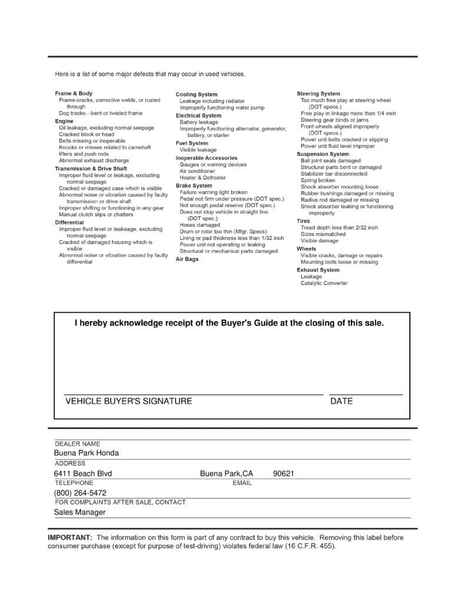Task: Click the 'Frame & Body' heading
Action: click(x=74, y=94)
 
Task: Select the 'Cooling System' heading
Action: click(x=196, y=94)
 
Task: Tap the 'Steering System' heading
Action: click(x=318, y=94)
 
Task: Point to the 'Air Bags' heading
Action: click(x=187, y=259)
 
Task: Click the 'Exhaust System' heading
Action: click(x=318, y=270)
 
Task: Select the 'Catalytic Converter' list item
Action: click(x=324, y=283)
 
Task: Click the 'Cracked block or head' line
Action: click(x=87, y=134)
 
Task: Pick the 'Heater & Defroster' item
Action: click(x=203, y=178)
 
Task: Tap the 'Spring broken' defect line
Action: click(x=318, y=181)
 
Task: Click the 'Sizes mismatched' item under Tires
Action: click(x=323, y=234)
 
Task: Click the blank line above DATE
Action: click(x=366, y=394)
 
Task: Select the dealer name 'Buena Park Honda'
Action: click(x=86, y=453)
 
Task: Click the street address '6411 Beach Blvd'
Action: click(x=82, y=474)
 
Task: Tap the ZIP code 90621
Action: click(x=283, y=474)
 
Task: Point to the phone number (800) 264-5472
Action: click(x=80, y=493)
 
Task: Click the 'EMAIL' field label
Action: click(x=242, y=483)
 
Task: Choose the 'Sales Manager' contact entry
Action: click(x=79, y=513)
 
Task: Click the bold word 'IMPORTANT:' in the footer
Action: click(x=69, y=538)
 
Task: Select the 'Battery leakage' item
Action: click(x=198, y=122)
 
